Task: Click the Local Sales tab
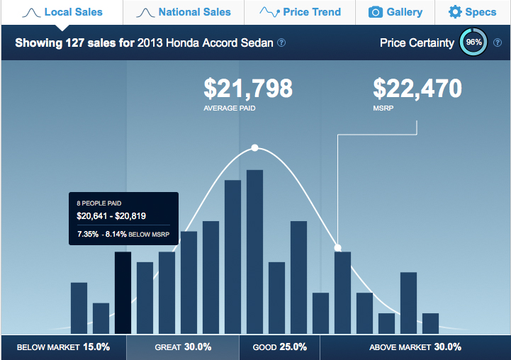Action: point(62,12)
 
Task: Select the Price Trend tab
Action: point(301,12)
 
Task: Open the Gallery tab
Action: point(395,12)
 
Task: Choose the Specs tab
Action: point(471,12)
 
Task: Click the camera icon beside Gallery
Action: point(376,12)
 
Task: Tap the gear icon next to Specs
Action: point(454,12)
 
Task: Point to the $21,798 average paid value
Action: point(248,89)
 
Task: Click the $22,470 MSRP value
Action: point(417,89)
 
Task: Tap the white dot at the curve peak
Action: point(254,148)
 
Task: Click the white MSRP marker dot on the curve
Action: point(338,248)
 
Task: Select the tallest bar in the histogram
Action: point(254,252)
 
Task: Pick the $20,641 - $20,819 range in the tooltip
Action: point(111,216)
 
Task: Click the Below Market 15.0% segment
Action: point(63,347)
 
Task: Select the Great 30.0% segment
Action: point(183,347)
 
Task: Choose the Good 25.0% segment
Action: point(279,347)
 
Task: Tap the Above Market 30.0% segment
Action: point(415,347)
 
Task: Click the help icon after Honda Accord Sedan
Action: point(281,43)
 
